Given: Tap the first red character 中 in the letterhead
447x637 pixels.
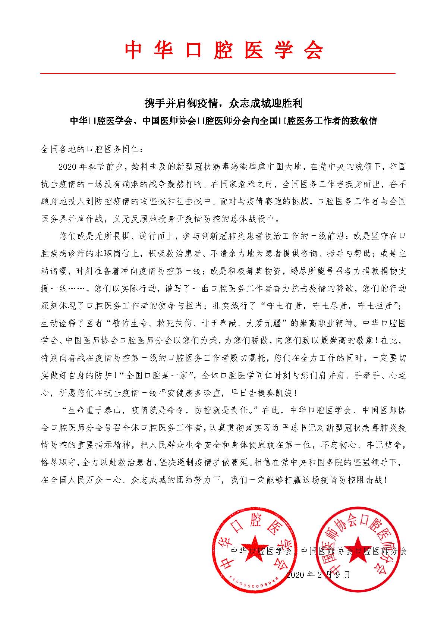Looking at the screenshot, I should [x=133, y=50].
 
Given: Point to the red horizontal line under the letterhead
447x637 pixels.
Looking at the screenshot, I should [x=218, y=73].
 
